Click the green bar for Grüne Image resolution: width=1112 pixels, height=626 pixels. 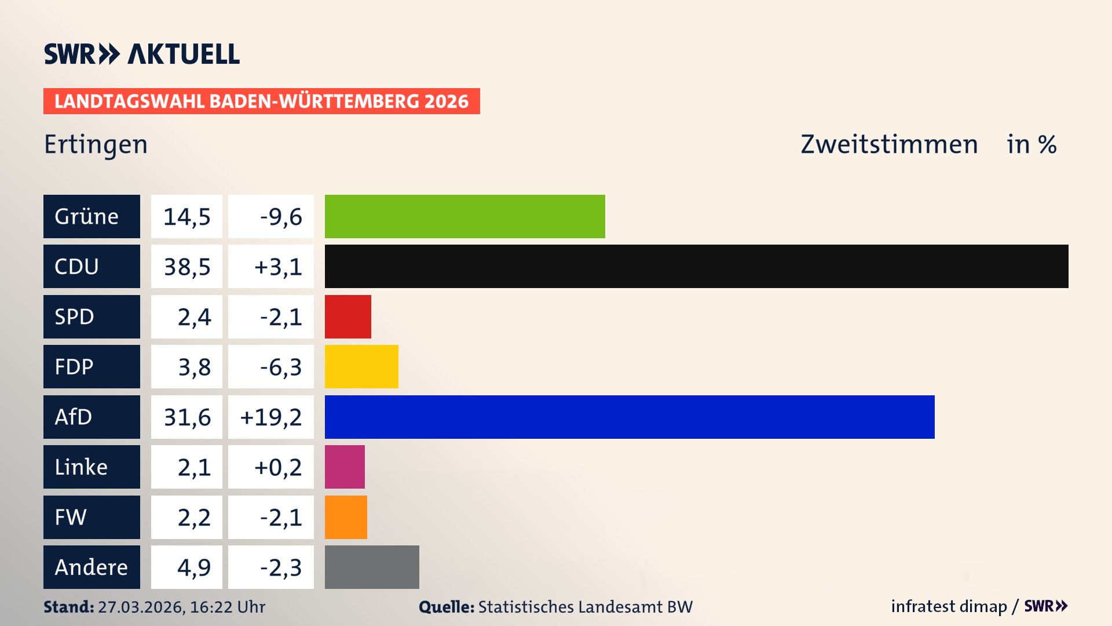tap(464, 216)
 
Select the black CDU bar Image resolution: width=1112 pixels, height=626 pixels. tap(696, 266)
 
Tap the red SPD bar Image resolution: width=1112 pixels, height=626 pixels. tap(348, 316)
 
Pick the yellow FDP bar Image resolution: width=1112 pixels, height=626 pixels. tap(361, 366)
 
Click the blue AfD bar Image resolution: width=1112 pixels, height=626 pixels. tap(630, 417)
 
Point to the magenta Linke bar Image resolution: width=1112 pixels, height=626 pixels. tap(345, 467)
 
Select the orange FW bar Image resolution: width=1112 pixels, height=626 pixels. tap(346, 517)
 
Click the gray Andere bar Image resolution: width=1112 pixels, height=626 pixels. tap(372, 567)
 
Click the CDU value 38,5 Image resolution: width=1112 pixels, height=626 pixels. tap(186, 267)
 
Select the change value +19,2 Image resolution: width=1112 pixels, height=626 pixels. tap(271, 417)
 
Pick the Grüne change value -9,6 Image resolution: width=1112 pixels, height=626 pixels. tap(280, 216)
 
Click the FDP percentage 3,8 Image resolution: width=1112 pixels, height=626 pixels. tap(194, 367)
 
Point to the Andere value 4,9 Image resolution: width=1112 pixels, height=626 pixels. tap(194, 567)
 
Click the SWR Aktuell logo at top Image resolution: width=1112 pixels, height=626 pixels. tap(142, 54)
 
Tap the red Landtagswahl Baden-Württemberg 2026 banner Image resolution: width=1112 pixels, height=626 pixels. tap(261, 101)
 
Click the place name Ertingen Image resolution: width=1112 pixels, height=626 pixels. tap(96, 144)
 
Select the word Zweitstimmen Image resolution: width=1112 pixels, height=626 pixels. tap(889, 144)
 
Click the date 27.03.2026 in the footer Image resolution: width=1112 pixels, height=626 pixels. tap(141, 607)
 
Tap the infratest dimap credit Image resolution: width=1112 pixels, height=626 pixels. tap(948, 606)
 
